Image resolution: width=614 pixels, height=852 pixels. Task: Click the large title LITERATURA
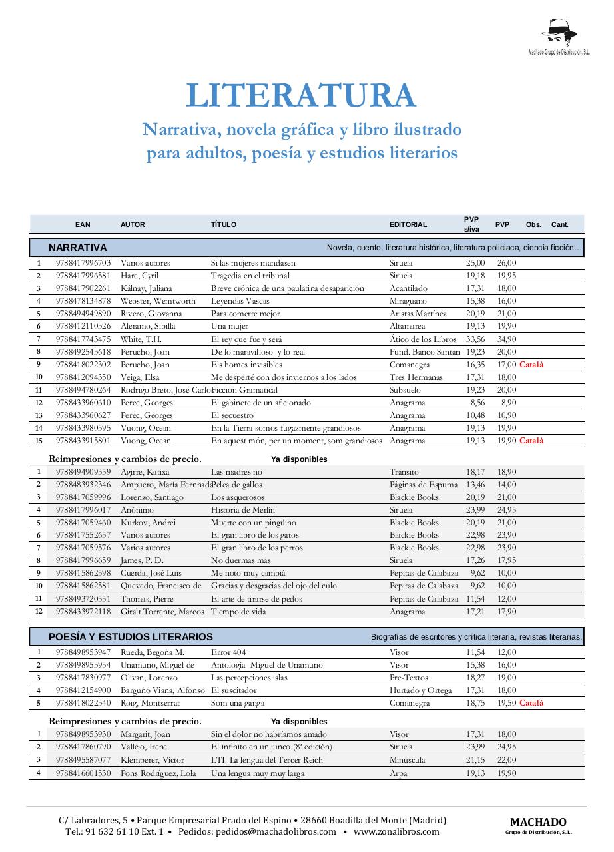click(x=301, y=96)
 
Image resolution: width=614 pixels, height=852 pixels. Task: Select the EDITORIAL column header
click(x=408, y=225)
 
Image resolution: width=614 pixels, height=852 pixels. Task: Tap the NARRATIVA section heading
click(x=78, y=248)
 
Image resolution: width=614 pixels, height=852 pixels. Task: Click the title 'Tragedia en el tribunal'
click(x=250, y=276)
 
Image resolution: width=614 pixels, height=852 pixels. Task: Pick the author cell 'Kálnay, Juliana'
click(x=146, y=288)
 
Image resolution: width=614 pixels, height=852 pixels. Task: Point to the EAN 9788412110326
click(x=83, y=326)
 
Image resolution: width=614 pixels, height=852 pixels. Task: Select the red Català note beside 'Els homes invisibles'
click(x=531, y=365)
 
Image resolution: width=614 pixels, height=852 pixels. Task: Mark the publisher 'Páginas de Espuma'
click(x=424, y=485)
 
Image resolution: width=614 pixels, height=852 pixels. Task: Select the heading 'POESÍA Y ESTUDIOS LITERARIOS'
click(x=131, y=637)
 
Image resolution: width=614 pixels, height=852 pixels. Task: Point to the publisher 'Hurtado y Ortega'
click(x=420, y=690)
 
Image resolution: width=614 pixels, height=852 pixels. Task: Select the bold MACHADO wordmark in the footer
click(x=538, y=823)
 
